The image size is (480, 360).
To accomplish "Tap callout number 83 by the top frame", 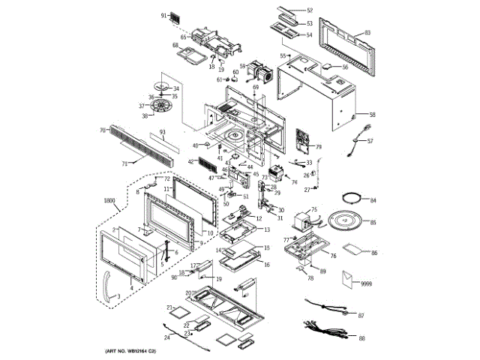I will pyautogui.click(x=367, y=33).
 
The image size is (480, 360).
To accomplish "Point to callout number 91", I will pyautogui.click(x=164, y=15).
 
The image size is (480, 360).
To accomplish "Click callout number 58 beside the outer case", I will pyautogui.click(x=372, y=115).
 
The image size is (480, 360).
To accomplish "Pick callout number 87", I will pyautogui.click(x=361, y=316).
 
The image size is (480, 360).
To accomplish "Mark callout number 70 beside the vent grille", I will pyautogui.click(x=102, y=130).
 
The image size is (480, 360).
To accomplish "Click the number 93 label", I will pyautogui.click(x=162, y=133).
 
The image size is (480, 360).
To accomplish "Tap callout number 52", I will pyautogui.click(x=310, y=10).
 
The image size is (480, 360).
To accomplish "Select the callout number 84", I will pyautogui.click(x=373, y=201).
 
